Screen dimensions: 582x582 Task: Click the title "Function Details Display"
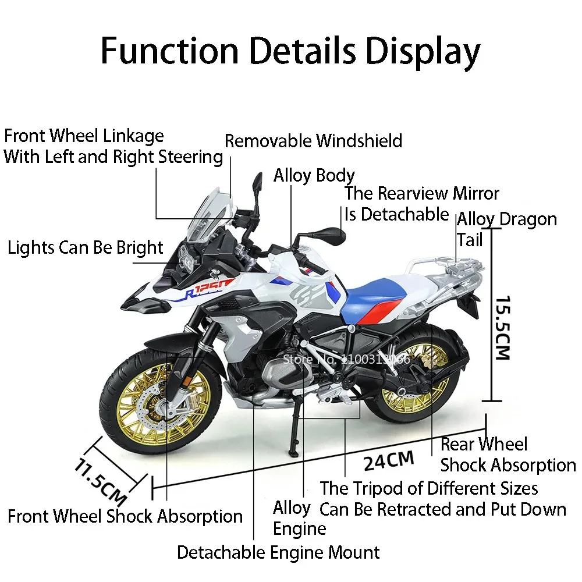point(290,51)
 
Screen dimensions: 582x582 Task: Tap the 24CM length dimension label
point(389,460)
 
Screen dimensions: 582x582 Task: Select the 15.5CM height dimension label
point(502,328)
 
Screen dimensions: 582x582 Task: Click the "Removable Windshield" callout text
point(313,141)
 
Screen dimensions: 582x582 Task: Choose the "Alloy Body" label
point(314,175)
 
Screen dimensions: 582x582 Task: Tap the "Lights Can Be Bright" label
point(86,247)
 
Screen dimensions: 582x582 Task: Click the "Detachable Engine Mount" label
point(278,552)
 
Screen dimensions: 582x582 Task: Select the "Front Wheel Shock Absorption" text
point(125,516)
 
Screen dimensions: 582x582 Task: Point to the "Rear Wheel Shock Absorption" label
point(508,455)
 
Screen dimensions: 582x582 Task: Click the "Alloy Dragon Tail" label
point(506,229)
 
